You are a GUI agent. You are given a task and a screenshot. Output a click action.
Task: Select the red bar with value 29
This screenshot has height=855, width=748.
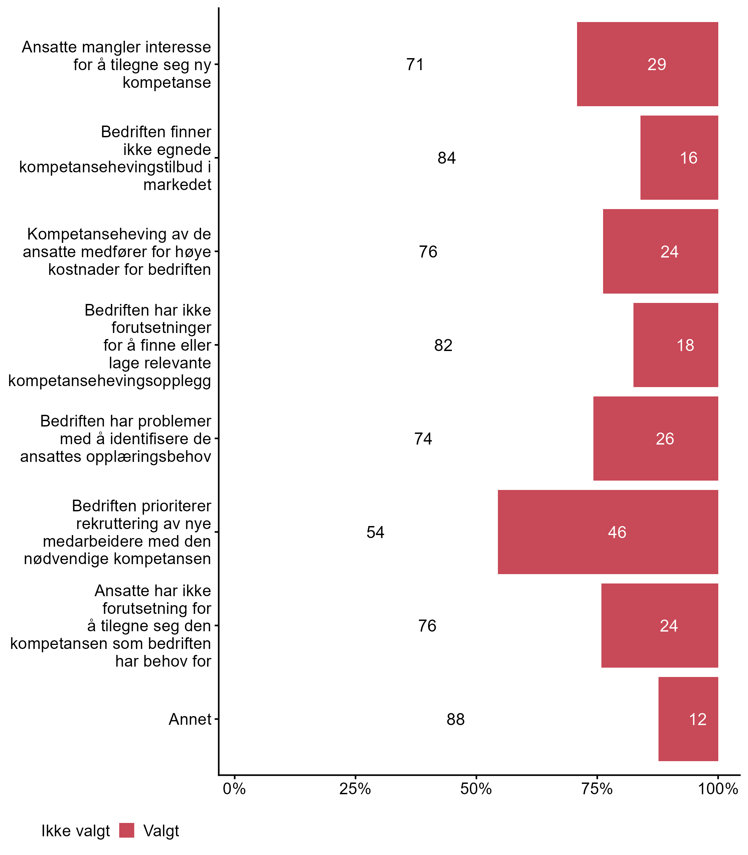647,64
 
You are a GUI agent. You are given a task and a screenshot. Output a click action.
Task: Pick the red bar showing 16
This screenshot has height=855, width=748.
679,158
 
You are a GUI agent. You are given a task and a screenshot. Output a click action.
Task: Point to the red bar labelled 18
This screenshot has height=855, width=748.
676,345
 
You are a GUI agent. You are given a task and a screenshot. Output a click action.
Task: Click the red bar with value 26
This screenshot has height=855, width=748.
656,439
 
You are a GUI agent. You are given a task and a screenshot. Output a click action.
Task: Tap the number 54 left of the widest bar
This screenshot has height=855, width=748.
375,532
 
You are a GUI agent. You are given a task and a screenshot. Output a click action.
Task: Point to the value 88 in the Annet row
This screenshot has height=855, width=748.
455,719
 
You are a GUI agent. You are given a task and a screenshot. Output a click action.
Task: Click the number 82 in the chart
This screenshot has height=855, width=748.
443,346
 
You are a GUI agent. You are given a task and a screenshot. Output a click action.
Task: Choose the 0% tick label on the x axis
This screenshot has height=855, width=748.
234,789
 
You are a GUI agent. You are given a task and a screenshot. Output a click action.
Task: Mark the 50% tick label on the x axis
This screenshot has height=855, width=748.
476,789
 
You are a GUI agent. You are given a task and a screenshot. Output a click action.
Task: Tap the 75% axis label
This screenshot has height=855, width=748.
597,789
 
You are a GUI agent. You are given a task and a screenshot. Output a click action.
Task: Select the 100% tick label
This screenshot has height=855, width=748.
718,789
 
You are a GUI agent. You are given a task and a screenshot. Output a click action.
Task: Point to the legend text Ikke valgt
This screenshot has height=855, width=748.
75,831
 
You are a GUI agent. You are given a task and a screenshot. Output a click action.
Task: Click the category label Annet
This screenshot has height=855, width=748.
190,719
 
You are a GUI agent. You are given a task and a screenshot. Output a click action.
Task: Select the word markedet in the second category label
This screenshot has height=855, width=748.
177,184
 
